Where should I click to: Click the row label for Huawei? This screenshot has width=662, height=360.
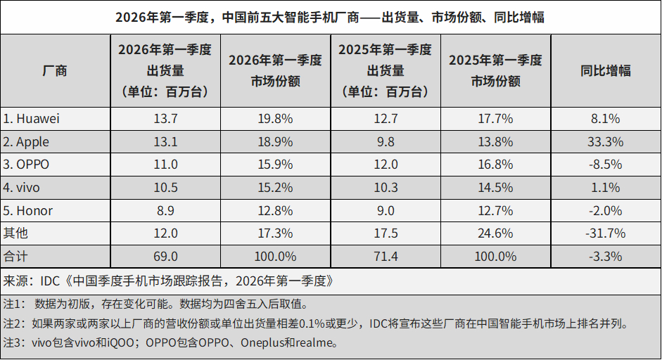[32, 119]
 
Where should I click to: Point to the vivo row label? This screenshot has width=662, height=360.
[23, 188]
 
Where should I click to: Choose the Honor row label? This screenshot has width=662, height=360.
[27, 211]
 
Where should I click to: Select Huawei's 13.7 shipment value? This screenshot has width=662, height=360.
[165, 119]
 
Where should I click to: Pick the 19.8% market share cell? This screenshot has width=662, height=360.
[275, 119]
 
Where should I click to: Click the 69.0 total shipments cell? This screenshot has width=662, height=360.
[165, 257]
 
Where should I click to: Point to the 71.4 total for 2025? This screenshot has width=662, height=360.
[385, 257]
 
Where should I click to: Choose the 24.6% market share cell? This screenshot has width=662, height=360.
[495, 233]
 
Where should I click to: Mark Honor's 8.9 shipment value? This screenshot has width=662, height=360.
[165, 211]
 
